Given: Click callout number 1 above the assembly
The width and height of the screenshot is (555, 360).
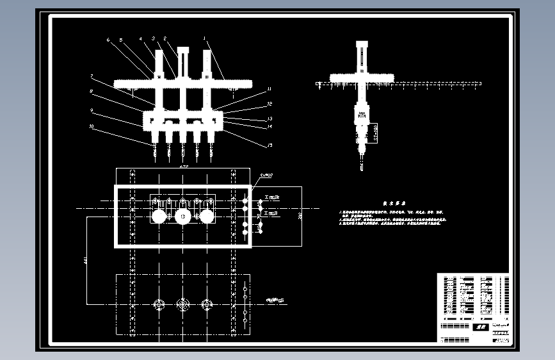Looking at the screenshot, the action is tap(205, 38).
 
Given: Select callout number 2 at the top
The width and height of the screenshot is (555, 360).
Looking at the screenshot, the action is tap(165, 38).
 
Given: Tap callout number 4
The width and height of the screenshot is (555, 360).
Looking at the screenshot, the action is tap(141, 39).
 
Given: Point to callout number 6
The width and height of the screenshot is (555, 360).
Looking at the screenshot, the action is tap(108, 40).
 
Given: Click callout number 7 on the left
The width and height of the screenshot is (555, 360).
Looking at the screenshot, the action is tap(92, 76).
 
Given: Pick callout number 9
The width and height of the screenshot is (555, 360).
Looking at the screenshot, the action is tap(92, 110).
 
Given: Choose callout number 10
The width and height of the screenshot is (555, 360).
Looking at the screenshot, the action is tap(92, 126).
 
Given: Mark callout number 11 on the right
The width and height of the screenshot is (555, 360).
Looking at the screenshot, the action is tap(269, 89).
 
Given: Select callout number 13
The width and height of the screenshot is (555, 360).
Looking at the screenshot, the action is tap(269, 119).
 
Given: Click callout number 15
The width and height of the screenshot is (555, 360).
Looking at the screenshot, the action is tap(269, 145).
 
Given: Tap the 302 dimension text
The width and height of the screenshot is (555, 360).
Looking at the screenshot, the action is tap(300, 217).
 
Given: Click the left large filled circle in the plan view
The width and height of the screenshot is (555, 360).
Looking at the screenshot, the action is tap(159, 217).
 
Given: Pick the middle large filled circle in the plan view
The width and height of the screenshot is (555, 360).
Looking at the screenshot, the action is tap(183, 217).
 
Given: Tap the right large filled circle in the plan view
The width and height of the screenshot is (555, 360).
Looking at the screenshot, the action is tap(206, 217).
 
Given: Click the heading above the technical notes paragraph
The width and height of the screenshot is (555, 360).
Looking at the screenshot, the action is tap(392, 201).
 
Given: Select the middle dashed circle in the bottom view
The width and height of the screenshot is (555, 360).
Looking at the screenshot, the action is tap(183, 305).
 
